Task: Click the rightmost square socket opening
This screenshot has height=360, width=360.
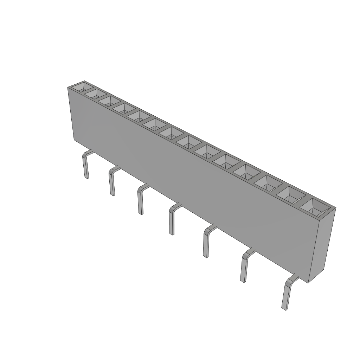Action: [x=314, y=207]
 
